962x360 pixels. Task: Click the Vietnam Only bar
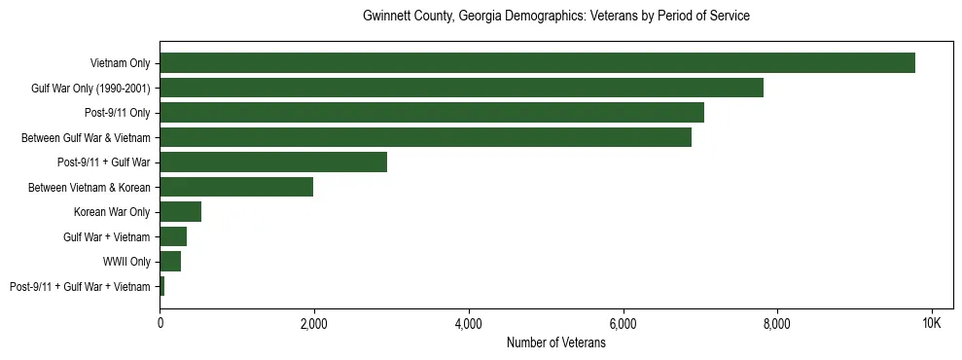point(537,63)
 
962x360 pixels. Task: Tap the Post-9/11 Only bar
point(431,113)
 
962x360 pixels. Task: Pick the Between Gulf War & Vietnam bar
point(425,138)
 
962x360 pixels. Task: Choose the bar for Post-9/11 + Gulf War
point(273,162)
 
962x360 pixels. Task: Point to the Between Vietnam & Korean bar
point(236,187)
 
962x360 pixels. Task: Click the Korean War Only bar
point(180,212)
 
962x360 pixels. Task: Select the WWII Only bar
point(170,262)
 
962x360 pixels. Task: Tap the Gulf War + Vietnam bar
point(173,236)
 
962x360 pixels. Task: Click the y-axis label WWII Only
point(126,262)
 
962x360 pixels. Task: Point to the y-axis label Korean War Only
point(112,212)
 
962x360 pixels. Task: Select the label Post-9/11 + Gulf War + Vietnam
point(80,286)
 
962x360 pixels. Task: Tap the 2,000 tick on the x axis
point(313,323)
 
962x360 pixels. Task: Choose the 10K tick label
point(931,323)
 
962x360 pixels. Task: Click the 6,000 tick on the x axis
point(623,323)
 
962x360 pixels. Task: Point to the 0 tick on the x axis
point(160,323)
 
